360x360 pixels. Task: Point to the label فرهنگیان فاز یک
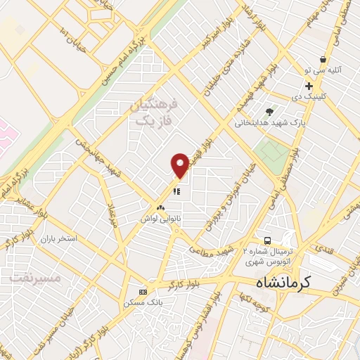(155, 112)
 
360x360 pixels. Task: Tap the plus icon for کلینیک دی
(309, 85)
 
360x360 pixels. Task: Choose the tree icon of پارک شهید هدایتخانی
(269, 111)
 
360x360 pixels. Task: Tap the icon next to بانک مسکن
(143, 292)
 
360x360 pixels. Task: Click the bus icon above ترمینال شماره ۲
(266, 239)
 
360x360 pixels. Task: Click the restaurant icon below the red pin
(177, 190)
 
